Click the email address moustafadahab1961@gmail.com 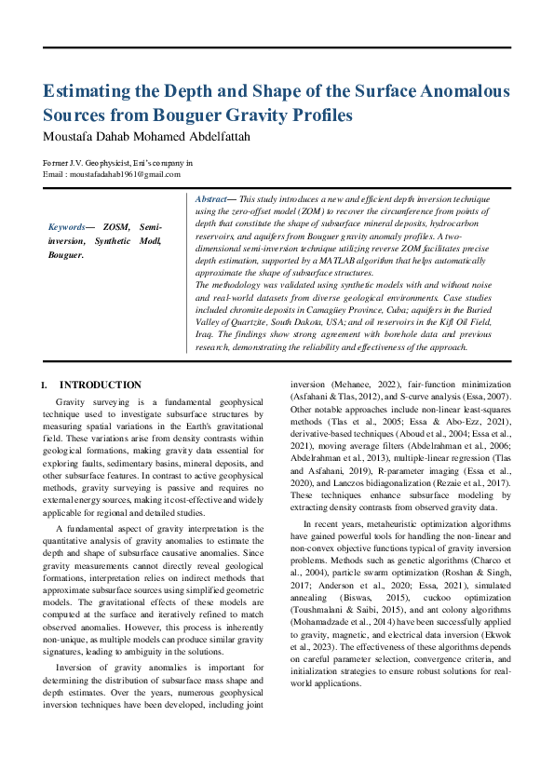(x=112, y=174)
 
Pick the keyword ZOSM (x=116, y=227)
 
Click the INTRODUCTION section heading (x=101, y=385)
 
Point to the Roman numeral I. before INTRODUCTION (x=45, y=385)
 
